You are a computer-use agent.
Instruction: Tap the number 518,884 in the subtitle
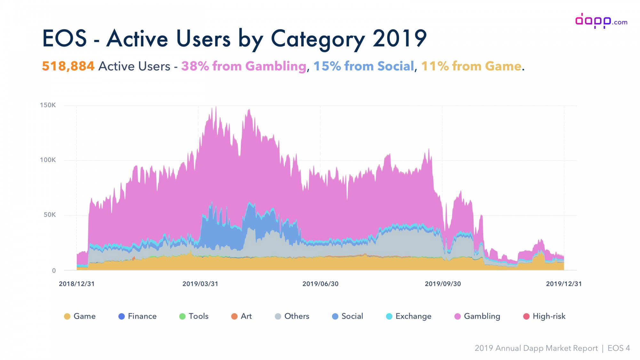click(68, 66)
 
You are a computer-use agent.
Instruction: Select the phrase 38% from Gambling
click(244, 67)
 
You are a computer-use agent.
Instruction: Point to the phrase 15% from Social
click(364, 66)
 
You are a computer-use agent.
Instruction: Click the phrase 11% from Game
click(471, 66)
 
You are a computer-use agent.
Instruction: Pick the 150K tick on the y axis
click(48, 105)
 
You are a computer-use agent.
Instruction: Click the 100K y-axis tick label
click(48, 160)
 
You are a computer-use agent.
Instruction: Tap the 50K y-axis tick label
click(50, 215)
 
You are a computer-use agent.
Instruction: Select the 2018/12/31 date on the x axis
click(77, 284)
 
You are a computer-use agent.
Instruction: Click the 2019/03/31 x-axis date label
click(200, 284)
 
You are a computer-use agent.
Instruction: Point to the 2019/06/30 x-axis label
click(321, 284)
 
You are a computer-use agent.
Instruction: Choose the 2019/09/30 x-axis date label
click(443, 284)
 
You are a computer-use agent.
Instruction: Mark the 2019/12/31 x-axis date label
click(564, 284)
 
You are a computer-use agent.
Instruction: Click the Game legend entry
click(80, 316)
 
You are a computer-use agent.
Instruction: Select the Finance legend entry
click(138, 316)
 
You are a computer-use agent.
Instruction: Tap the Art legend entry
click(242, 316)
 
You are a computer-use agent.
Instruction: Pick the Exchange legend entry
click(409, 316)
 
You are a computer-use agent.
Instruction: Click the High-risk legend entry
click(544, 316)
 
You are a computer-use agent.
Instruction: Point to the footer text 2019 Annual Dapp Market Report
click(536, 348)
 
